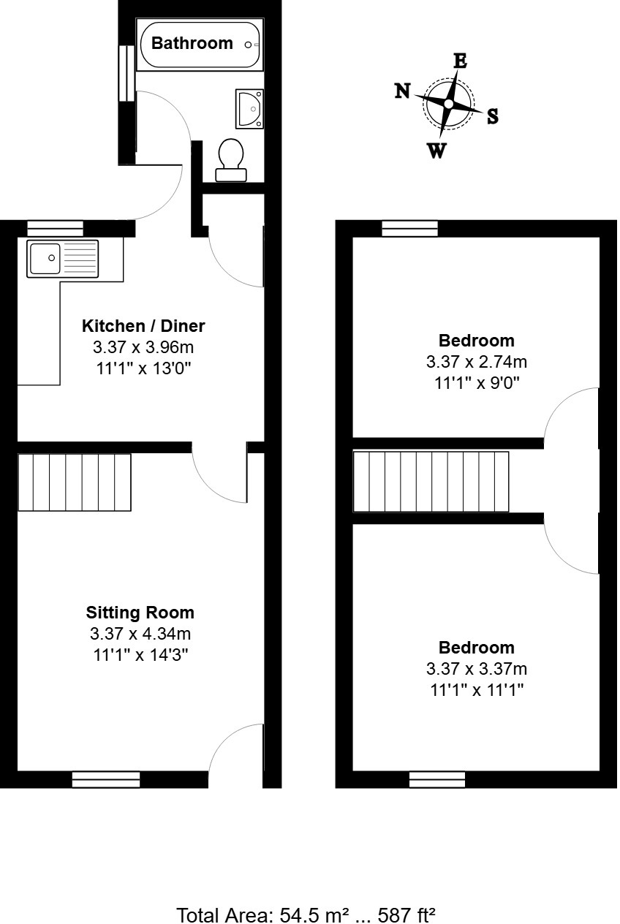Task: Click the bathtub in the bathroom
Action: pos(199,45)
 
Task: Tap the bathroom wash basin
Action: pos(249,109)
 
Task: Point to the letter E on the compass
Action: pos(460,61)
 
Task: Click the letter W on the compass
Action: pos(436,151)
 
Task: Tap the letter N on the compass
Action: pos(402,91)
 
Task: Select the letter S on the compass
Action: pos(493,116)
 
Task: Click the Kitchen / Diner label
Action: pos(143,325)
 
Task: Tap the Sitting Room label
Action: pos(140,613)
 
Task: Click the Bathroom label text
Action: pos(192,43)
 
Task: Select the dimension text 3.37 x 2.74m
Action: pos(476,361)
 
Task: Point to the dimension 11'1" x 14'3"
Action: pos(140,654)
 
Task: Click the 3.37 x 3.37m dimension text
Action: pos(476,668)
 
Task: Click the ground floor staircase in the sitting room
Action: pos(74,482)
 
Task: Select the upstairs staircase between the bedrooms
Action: pos(431,482)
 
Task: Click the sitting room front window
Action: pos(106,779)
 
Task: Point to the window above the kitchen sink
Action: pos(55,228)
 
